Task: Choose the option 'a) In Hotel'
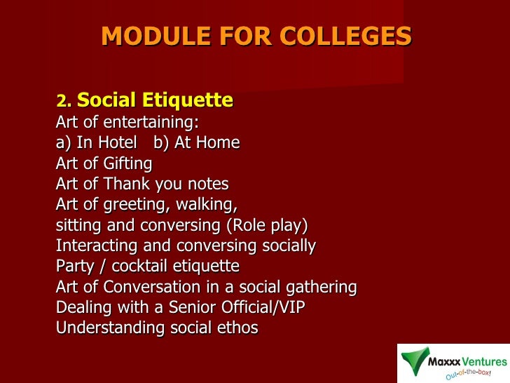96,143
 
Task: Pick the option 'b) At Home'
196,143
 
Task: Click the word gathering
323,287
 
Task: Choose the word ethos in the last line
238,328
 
